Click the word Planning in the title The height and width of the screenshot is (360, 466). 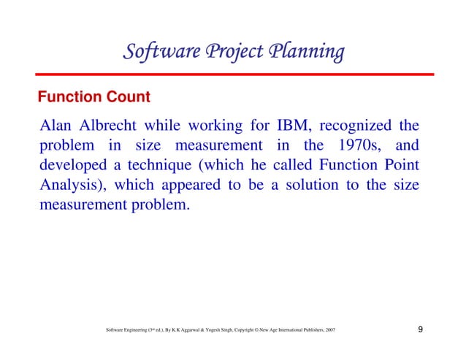(307, 53)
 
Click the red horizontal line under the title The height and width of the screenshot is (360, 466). (234, 74)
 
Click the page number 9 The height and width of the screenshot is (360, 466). (421, 332)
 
